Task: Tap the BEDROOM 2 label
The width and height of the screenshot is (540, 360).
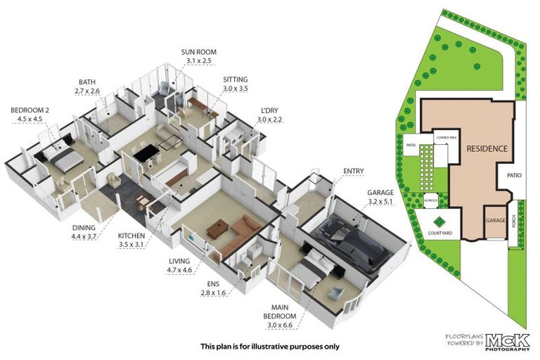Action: tap(30, 110)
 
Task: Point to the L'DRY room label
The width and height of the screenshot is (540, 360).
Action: tap(269, 111)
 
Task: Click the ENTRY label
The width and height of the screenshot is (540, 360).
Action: tap(353, 171)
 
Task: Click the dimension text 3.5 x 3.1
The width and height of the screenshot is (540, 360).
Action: tap(131, 245)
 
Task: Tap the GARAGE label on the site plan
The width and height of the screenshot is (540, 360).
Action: tap(495, 220)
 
